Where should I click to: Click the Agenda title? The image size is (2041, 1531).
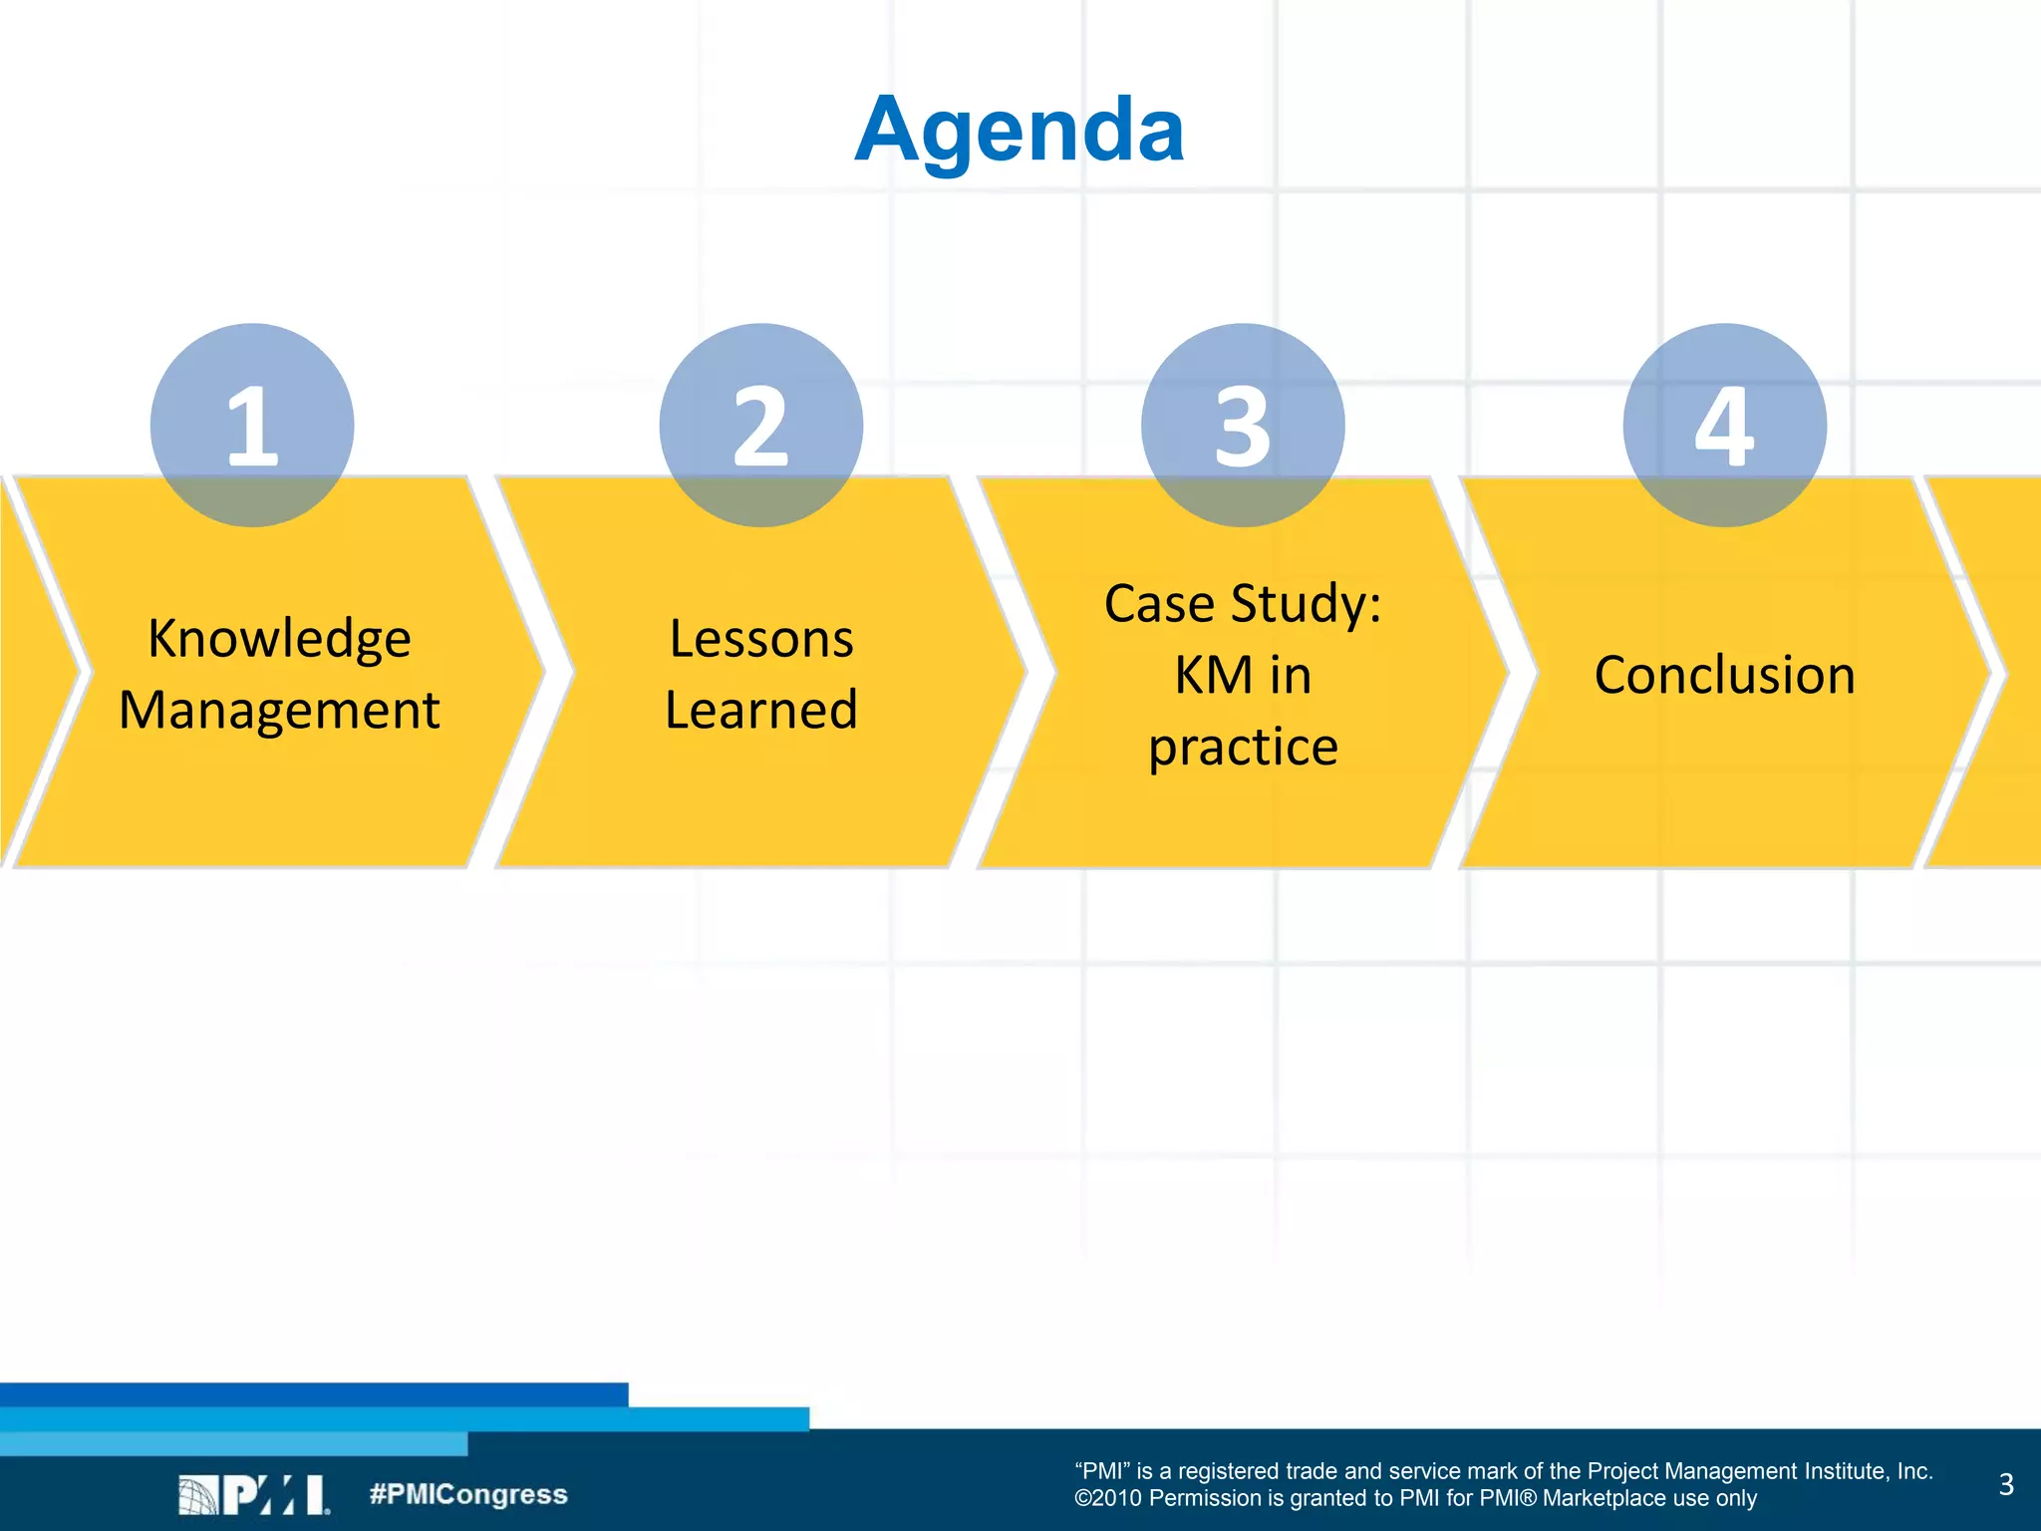click(1020, 130)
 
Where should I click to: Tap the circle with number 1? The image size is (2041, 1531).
click(252, 425)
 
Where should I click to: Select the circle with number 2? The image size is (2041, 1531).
click(761, 425)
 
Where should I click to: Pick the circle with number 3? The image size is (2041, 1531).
click(1243, 425)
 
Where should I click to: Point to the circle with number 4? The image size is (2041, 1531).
click(1724, 425)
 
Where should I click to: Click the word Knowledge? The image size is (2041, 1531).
click(279, 639)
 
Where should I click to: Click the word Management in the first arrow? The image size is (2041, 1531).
click(279, 711)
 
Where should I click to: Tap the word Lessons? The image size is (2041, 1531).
click(761, 639)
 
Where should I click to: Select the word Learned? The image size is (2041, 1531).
click(761, 711)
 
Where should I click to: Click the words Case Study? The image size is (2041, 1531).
click(1243, 604)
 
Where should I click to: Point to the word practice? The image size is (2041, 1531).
click(1243, 748)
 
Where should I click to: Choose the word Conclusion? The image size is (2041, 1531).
click(1724, 675)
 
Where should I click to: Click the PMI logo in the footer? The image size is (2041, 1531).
click(254, 1495)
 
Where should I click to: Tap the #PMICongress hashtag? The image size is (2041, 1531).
click(468, 1494)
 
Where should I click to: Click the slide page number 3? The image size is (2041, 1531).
click(2006, 1484)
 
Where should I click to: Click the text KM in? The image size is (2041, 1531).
click(1243, 676)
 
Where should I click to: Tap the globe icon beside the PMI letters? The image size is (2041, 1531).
click(198, 1495)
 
